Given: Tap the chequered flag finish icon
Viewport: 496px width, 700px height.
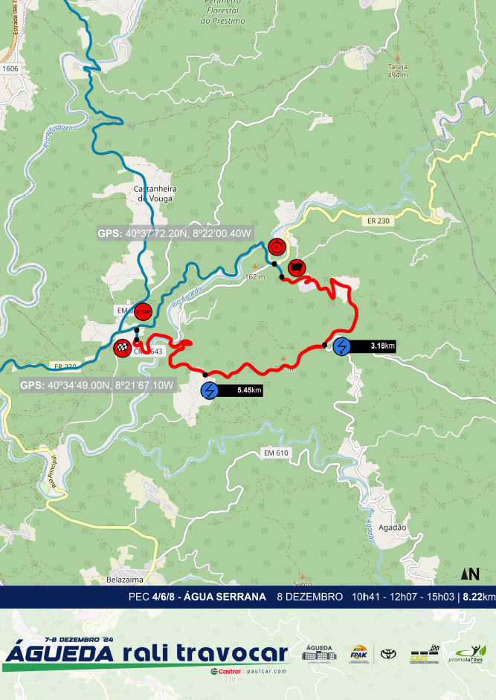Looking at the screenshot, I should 122,346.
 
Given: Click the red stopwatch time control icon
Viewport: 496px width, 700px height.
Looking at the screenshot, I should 277,245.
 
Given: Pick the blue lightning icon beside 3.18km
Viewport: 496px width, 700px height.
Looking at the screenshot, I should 342,346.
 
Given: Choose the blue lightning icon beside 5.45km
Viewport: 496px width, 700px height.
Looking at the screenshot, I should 210,390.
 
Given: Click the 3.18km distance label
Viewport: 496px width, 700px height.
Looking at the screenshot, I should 382,346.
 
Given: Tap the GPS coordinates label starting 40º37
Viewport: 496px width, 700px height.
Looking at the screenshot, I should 175,233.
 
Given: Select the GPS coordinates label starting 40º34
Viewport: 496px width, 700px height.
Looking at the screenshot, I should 97,385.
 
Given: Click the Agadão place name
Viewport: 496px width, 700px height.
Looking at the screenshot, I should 393,527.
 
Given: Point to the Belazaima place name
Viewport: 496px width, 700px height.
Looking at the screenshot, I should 124,577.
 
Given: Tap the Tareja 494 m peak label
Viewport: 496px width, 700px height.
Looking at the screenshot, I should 399,71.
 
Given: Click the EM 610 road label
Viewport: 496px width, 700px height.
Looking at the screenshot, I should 276,453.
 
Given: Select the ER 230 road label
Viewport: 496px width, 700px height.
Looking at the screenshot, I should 379,221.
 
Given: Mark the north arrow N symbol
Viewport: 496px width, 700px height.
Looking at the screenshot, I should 470,574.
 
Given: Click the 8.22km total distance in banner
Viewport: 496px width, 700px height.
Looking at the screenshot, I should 478,597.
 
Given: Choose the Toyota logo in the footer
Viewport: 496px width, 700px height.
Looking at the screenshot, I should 388,654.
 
